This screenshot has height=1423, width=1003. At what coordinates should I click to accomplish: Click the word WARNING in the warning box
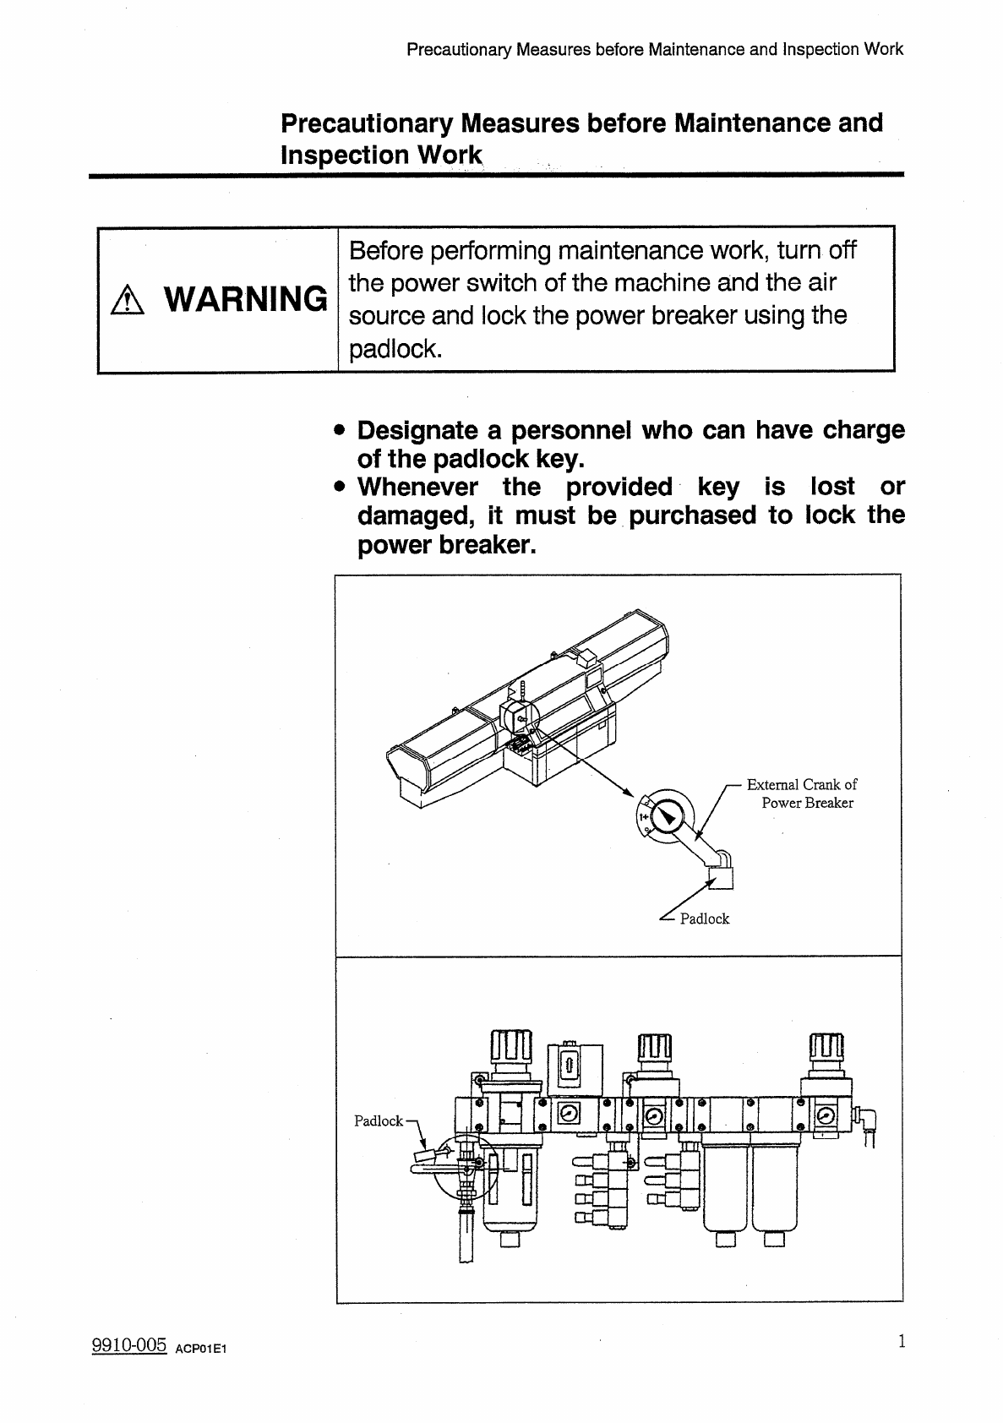coord(246,298)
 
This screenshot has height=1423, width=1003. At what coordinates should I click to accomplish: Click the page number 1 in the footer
coord(902,1341)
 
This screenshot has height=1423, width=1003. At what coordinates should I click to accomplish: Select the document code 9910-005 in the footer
coord(128,1346)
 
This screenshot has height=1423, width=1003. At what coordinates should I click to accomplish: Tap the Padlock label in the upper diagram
coord(704,919)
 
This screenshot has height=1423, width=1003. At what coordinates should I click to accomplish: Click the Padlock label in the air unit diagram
coord(378,1120)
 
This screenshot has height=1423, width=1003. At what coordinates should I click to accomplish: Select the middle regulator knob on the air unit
coord(654,1050)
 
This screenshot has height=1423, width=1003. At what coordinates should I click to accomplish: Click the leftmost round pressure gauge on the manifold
coord(570,1115)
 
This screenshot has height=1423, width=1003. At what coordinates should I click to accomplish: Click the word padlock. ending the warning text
coord(395,348)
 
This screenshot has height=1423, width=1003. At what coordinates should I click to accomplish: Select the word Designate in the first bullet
coord(417,430)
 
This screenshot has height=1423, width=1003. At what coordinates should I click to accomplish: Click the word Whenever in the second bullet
coord(417,487)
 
